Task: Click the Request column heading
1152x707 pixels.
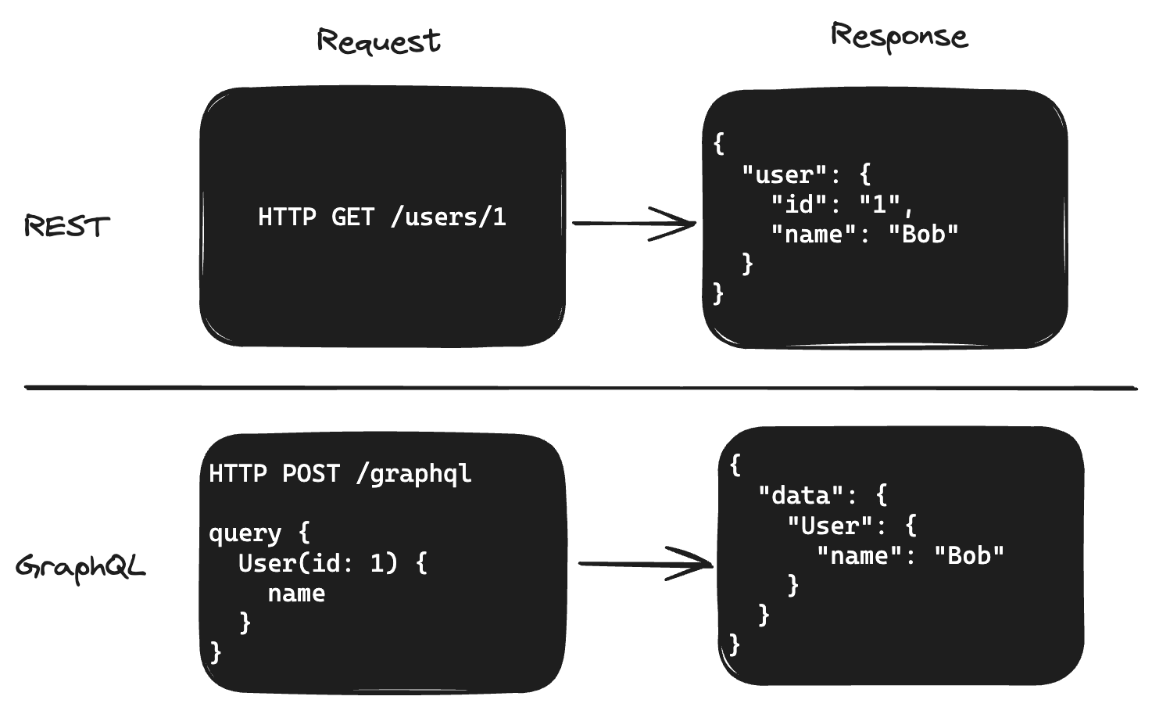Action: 379,41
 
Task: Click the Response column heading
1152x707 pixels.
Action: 899,36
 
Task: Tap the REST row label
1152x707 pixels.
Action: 67,227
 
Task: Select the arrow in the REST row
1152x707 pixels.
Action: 634,224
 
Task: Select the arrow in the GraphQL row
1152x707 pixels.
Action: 646,564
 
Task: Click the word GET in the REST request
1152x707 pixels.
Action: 353,217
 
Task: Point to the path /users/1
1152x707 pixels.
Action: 448,217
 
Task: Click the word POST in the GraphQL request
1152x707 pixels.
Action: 310,474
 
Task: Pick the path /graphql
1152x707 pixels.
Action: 413,474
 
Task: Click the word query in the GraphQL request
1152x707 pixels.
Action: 245,533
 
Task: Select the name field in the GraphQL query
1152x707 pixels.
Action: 296,593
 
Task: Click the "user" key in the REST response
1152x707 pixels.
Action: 784,174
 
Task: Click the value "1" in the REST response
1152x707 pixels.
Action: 880,204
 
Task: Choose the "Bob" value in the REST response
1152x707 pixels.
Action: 924,234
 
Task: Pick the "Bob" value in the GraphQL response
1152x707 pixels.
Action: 969,555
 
